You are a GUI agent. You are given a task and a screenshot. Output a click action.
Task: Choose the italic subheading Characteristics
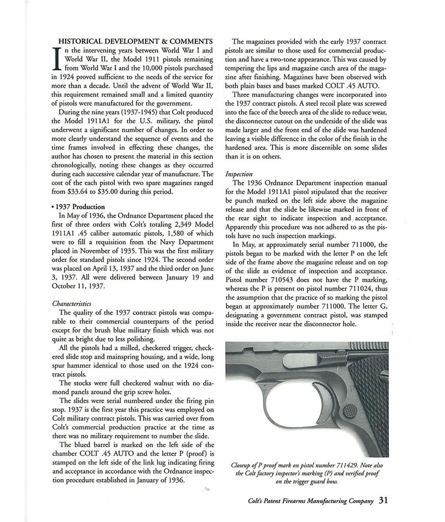(71, 303)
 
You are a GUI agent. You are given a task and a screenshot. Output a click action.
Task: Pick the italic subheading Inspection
(239, 174)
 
